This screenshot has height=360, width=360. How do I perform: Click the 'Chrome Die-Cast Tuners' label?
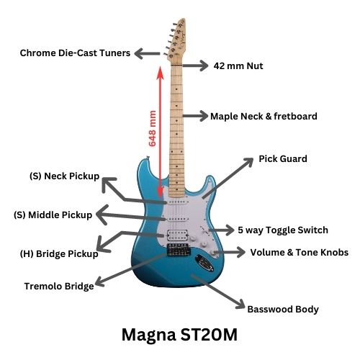tap(75, 53)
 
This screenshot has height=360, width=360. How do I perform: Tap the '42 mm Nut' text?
tap(238, 66)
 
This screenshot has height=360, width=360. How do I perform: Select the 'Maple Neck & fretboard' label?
tap(264, 116)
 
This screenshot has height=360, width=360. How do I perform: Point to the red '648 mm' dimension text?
tap(152, 128)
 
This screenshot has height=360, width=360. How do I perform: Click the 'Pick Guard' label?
tap(283, 158)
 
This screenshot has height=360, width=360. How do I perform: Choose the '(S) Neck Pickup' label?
tap(64, 176)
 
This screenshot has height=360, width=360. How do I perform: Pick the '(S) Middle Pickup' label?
tap(53, 215)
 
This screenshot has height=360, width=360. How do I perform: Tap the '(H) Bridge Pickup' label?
tap(59, 253)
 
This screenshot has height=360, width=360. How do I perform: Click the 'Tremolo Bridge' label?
tap(59, 286)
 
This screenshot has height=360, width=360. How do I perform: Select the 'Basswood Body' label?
tap(283, 309)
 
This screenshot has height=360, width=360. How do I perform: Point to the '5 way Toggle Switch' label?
tap(283, 230)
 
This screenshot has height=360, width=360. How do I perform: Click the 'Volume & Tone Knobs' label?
tap(300, 252)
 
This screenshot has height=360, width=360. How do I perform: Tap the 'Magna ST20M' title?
tap(179, 335)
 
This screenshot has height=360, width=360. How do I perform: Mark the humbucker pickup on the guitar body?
tap(177, 235)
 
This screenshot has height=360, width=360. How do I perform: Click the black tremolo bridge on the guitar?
tap(179, 250)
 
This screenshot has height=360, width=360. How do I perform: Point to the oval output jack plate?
tap(204, 263)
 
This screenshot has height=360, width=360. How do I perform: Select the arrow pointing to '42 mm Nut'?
tap(195, 66)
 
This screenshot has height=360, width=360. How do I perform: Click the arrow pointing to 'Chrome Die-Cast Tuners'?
tap(147, 53)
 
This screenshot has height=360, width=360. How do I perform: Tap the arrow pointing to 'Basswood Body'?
tap(218, 292)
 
